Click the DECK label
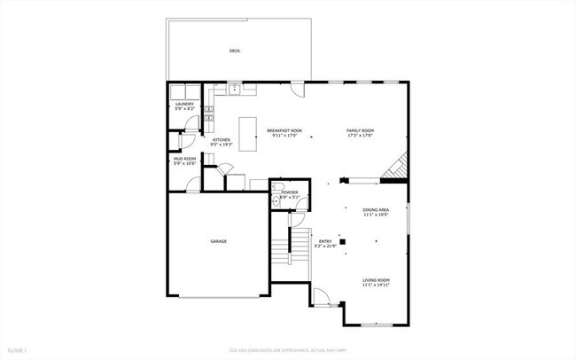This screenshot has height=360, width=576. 234,51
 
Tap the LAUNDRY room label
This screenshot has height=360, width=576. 184,104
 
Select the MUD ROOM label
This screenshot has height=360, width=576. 184,159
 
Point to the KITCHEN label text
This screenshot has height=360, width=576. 222,139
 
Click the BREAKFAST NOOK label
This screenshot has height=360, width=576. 284,130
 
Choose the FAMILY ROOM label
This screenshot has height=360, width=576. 360,130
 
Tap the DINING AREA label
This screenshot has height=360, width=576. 376,210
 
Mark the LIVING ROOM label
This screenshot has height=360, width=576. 376,280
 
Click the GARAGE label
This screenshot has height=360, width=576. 218,241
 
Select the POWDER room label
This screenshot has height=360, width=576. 290,192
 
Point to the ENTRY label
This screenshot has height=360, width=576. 326,241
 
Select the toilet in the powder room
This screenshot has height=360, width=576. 276,202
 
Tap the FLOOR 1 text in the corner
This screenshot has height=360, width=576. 15,351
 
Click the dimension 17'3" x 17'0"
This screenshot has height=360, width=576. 360,136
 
